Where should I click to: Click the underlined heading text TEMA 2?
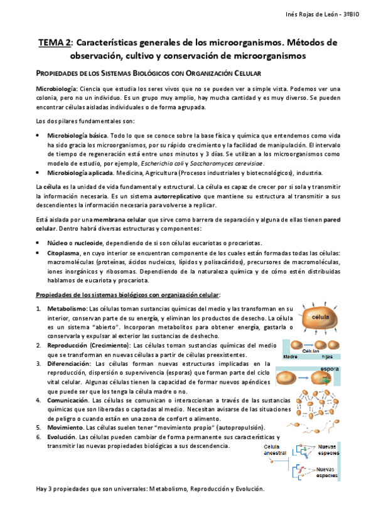55,43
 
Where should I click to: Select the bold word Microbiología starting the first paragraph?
56,88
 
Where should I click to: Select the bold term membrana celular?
126,220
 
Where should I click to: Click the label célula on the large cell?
321,316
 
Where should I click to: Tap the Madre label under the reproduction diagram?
290,356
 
